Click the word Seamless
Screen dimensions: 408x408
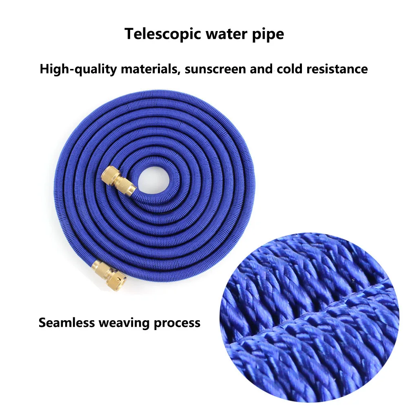coord(67,323)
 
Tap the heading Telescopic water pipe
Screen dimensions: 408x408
coord(204,34)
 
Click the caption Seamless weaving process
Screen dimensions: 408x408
coord(120,323)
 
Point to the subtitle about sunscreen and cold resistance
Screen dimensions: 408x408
coord(204,69)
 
